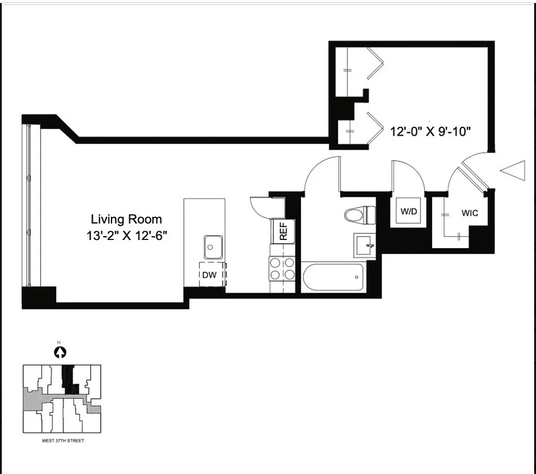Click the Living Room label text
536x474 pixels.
pyautogui.click(x=126, y=219)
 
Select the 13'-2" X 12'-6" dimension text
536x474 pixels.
pyautogui.click(x=126, y=235)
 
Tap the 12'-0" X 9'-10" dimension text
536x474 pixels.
pyautogui.click(x=430, y=132)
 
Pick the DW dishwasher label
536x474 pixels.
pyautogui.click(x=209, y=274)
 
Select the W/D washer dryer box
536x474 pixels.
pyautogui.click(x=408, y=211)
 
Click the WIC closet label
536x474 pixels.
pyautogui.click(x=470, y=213)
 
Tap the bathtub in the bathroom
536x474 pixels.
pyautogui.click(x=333, y=277)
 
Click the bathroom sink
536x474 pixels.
pyautogui.click(x=365, y=245)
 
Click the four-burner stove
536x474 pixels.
pyautogui.click(x=282, y=268)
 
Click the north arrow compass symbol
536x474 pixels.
pyautogui.click(x=59, y=353)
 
